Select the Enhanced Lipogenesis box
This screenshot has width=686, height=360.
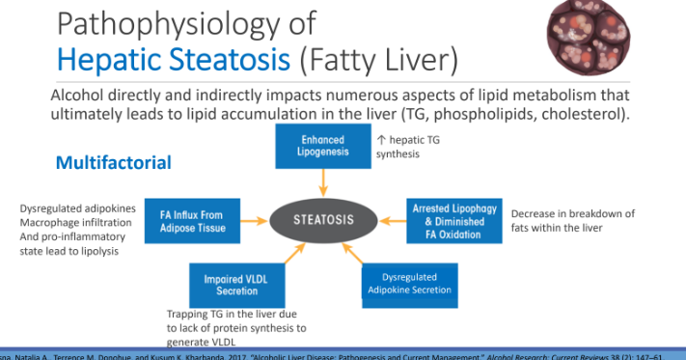click(x=322, y=147)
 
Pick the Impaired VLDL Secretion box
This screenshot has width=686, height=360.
click(x=230, y=285)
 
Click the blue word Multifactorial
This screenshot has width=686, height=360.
click(x=113, y=162)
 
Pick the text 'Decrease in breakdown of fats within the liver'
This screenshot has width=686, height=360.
click(x=573, y=221)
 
